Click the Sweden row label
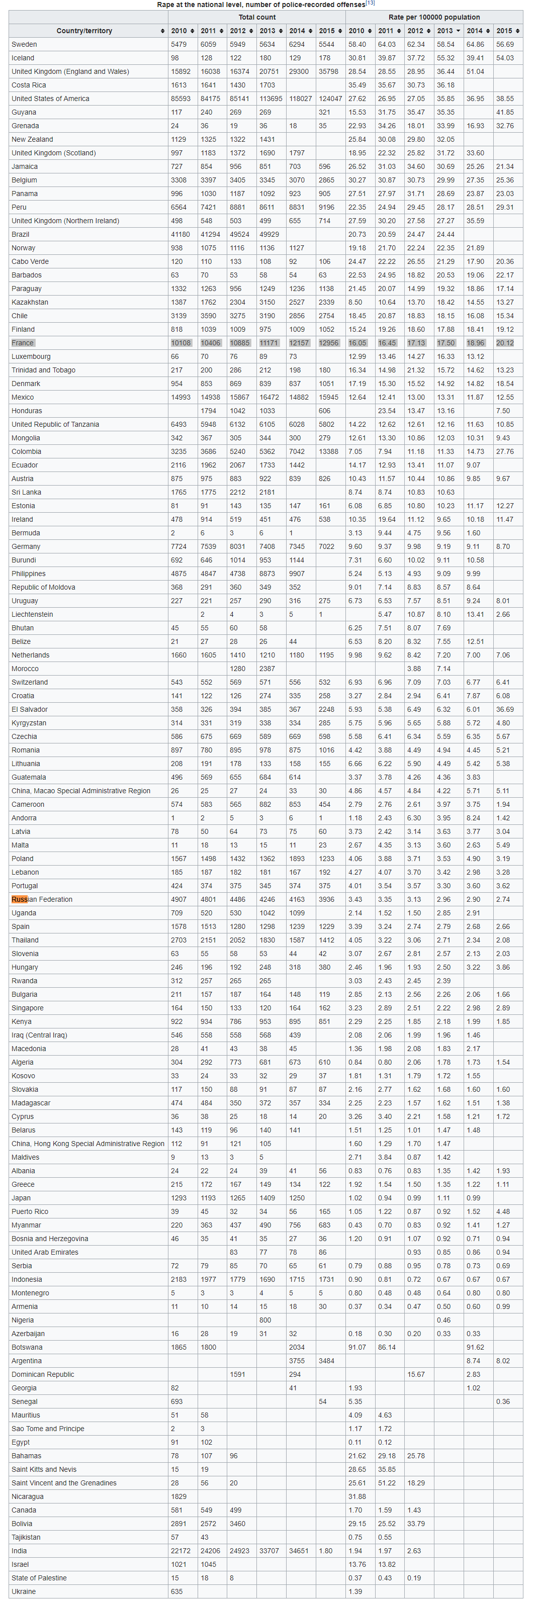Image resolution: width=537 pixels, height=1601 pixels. click(x=24, y=45)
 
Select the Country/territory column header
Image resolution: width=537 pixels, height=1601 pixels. click(x=84, y=31)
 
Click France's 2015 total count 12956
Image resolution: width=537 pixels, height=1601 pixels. click(x=329, y=343)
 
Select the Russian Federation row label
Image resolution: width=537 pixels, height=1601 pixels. click(x=42, y=899)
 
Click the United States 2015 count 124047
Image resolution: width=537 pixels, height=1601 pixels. click(x=330, y=99)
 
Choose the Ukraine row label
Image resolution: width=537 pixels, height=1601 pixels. click(x=24, y=1591)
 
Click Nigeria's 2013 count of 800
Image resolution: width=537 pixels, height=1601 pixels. click(x=265, y=1320)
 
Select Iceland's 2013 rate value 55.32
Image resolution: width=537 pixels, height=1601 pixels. click(x=445, y=58)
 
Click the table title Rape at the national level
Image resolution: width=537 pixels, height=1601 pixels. click(x=260, y=5)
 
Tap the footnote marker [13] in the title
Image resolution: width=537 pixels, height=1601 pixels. click(x=371, y=3)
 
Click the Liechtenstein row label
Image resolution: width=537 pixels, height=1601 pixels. click(x=32, y=614)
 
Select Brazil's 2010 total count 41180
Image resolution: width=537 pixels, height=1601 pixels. click(x=180, y=234)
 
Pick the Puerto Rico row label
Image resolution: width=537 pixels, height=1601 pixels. click(x=30, y=1211)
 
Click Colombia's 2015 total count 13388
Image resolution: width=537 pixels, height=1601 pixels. click(x=329, y=451)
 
